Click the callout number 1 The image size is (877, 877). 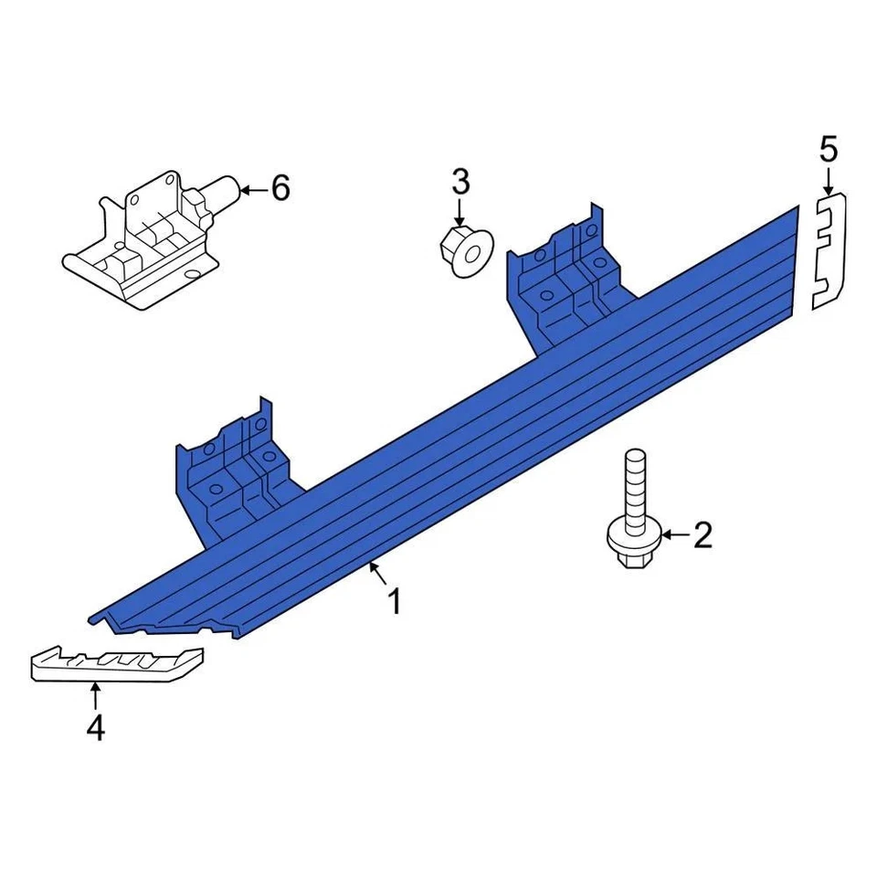coord(395,602)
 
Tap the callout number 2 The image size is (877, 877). coord(702,535)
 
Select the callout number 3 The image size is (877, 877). coord(460,182)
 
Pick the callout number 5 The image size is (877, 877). coord(828,148)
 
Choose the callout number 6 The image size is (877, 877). coord(280,189)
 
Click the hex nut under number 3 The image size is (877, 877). coord(463,248)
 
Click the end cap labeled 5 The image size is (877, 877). coord(829,251)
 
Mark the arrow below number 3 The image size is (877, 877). coord(460,212)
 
